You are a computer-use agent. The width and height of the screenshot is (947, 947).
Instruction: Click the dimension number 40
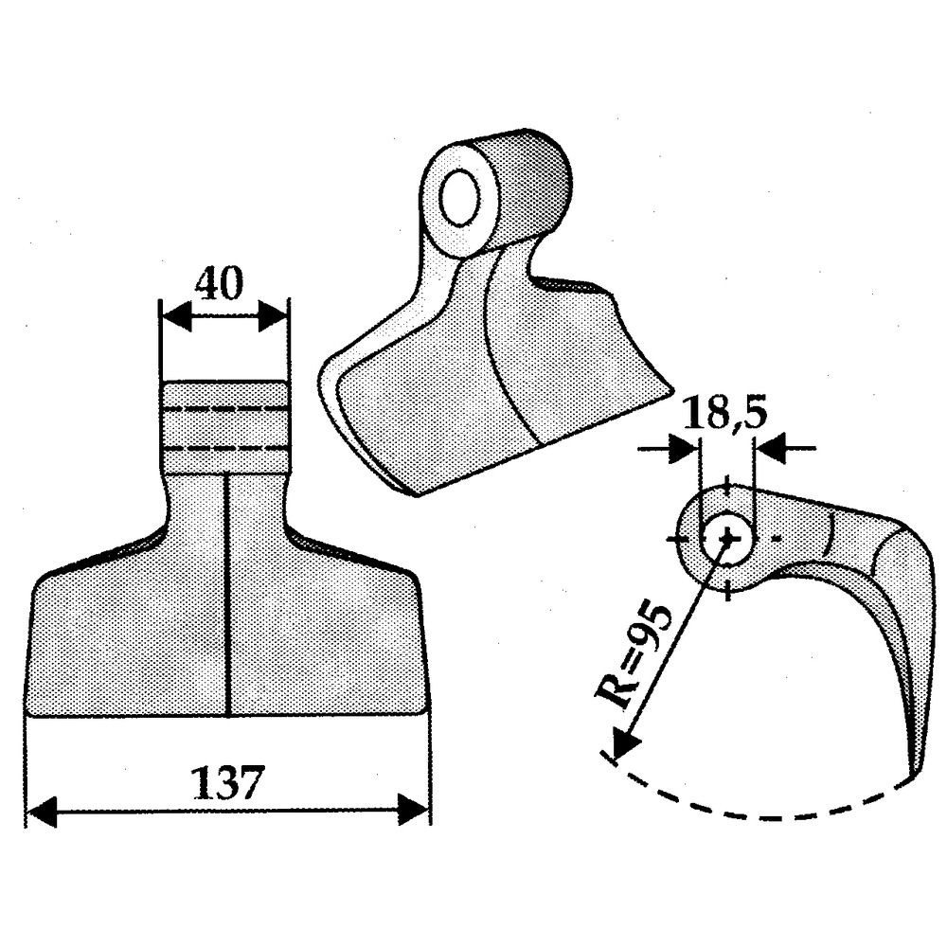220,283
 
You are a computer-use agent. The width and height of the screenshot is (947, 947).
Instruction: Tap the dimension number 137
227,783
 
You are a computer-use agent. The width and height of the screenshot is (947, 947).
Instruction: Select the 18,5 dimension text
724,413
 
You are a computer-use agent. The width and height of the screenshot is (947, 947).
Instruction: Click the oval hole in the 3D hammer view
460,198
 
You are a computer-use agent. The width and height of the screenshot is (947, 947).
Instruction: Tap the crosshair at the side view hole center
727,537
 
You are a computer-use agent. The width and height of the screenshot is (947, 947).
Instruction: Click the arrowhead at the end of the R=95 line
624,742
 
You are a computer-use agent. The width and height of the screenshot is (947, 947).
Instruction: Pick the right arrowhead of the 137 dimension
413,811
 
